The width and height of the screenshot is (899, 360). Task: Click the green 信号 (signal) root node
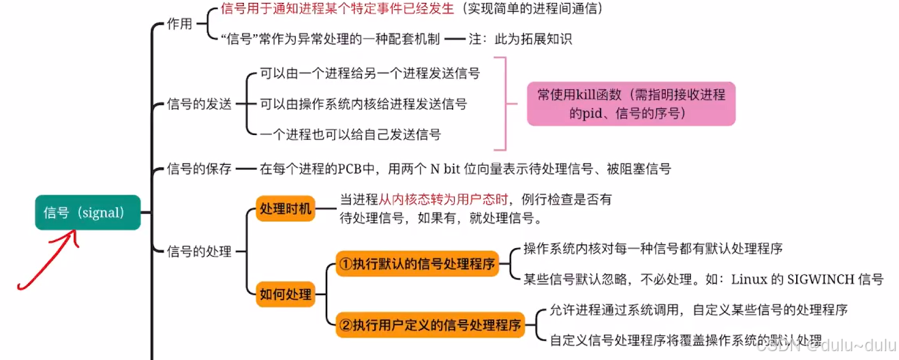coord(88,213)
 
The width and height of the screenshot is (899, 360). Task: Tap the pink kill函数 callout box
coord(630,104)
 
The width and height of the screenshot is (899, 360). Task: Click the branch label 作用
coord(180,23)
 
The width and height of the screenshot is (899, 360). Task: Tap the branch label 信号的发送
coord(199,104)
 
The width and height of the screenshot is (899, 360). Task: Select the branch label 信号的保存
coord(199,168)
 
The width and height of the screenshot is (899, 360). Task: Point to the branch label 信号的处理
coord(199,252)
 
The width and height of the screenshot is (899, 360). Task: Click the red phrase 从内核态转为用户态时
coord(444,200)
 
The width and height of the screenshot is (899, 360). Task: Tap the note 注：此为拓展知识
coord(520,39)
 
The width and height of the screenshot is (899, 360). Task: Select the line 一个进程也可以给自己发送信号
coord(350,134)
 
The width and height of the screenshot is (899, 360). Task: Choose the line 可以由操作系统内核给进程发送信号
coord(363,104)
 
